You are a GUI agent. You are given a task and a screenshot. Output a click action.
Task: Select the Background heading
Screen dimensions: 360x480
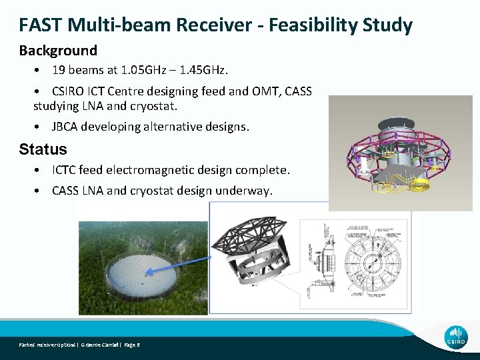click(58, 51)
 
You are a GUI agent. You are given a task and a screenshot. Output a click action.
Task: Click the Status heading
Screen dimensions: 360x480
click(43, 149)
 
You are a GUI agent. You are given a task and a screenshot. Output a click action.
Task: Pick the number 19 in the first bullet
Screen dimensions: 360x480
click(59, 70)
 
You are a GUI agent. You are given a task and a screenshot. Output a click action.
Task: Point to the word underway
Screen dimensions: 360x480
click(245, 191)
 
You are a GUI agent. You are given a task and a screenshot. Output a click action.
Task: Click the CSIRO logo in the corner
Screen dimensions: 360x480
click(456, 336)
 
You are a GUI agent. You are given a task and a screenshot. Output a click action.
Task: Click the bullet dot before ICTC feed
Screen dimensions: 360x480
click(41, 171)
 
